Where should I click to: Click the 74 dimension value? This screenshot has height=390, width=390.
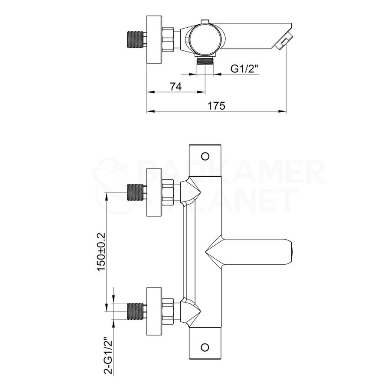175,87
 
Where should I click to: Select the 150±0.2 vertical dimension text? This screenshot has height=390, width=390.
101,252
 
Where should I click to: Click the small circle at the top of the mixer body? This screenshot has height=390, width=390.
206,156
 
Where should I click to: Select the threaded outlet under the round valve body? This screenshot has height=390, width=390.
205,61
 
